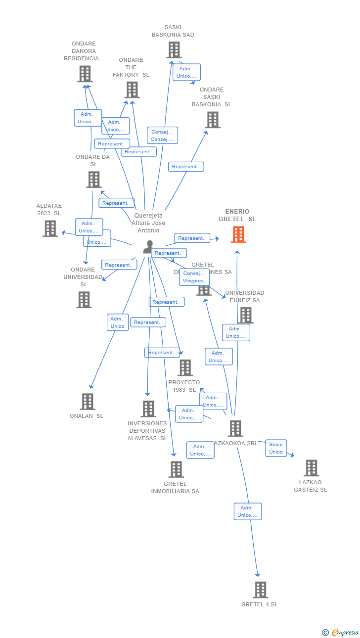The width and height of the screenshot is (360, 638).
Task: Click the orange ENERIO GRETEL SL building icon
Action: [238, 234]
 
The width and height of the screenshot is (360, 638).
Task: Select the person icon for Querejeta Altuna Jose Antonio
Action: [148, 246]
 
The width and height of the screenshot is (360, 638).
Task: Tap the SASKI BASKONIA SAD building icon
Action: [174, 50]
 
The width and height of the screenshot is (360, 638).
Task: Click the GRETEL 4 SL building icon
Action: [260, 590]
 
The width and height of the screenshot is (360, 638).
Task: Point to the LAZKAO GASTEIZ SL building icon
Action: [311, 468]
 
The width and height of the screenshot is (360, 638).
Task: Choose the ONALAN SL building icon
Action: [88, 402]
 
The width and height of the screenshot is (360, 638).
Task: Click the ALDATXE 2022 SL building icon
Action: [50, 228]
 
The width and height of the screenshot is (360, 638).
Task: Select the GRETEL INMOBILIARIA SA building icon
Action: [176, 469]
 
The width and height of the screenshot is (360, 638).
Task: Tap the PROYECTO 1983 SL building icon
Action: [185, 367]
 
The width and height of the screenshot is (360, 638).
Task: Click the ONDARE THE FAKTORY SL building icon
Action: [132, 90]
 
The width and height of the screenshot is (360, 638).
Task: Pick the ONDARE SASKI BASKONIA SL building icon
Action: [213, 120]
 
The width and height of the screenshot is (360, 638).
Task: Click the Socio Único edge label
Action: [276, 448]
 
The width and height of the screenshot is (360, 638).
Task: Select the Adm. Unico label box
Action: [118, 322]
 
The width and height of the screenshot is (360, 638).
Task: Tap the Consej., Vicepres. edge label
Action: [194, 277]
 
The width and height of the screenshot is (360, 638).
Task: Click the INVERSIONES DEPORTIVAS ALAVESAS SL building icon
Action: [148, 409]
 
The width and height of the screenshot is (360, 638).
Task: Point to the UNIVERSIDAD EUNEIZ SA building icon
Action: [246, 315]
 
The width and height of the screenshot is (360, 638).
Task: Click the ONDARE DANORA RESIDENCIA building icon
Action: [85, 74]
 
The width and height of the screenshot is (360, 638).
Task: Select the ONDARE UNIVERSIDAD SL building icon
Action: [84, 300]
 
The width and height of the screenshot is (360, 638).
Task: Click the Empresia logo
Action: [341, 632]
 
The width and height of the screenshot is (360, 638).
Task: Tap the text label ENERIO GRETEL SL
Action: [237, 215]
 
